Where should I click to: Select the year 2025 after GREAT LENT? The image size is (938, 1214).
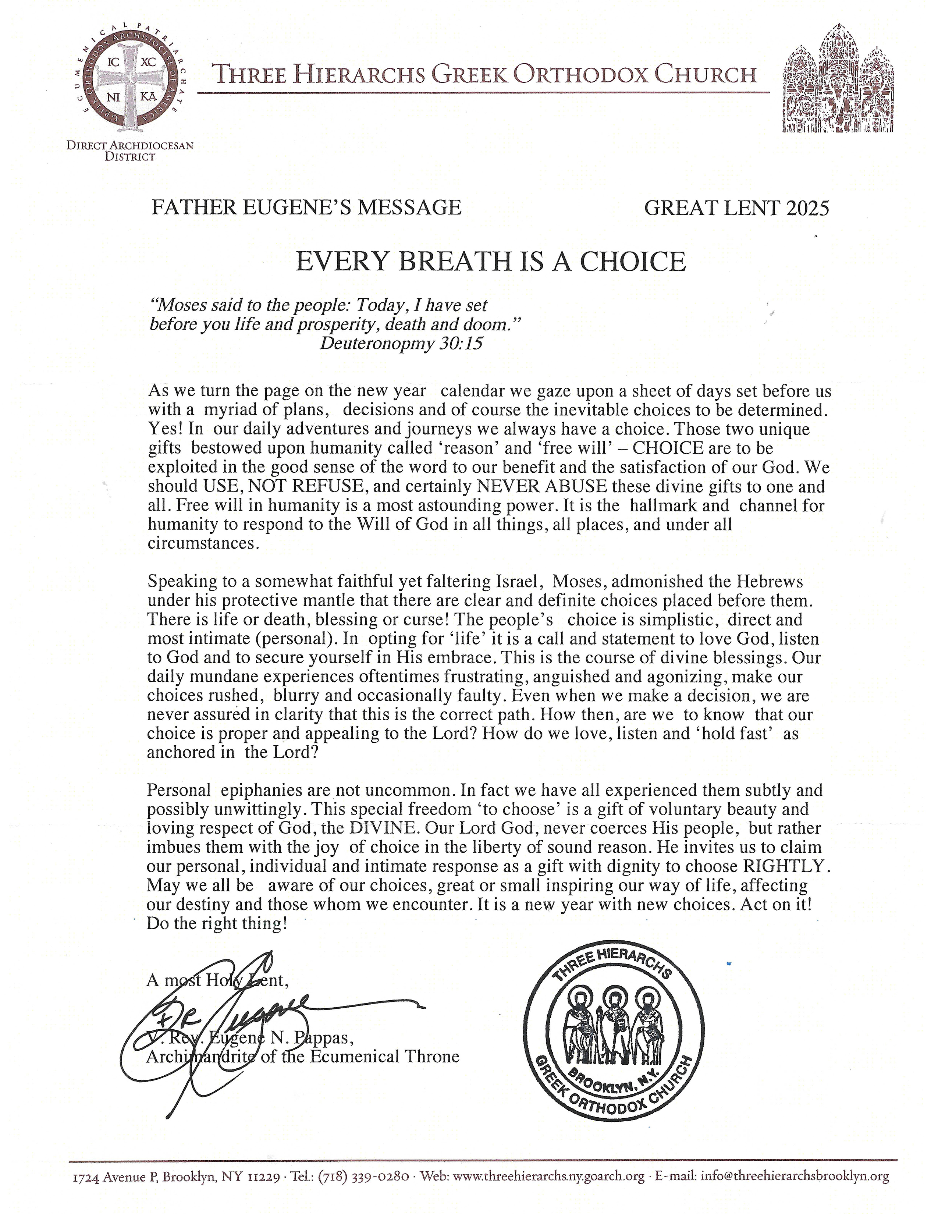[x=807, y=208]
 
